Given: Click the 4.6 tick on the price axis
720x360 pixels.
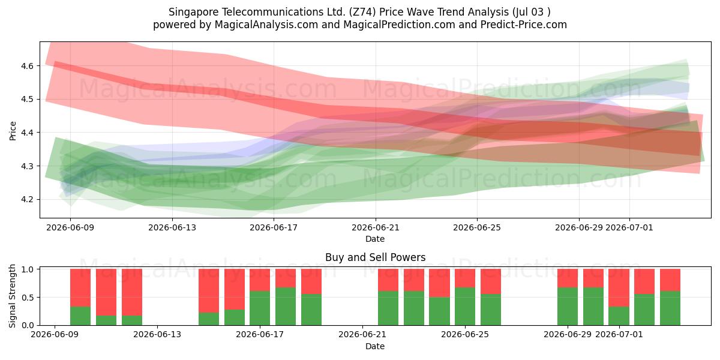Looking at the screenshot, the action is click(x=27, y=66).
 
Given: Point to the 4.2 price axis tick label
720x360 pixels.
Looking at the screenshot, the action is click(x=27, y=200).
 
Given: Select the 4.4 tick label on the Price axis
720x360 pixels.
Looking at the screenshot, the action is click(x=27, y=133).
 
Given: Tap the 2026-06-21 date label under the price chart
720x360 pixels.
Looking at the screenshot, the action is click(x=375, y=227).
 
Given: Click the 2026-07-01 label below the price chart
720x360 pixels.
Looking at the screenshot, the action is click(x=629, y=227).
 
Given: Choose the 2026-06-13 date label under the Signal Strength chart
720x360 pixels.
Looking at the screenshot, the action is click(x=157, y=334).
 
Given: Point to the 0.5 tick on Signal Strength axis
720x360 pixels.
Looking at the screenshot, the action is click(x=27, y=298).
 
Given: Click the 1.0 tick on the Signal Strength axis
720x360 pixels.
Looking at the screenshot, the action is click(x=27, y=269).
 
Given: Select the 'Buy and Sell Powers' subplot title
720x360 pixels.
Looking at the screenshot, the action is click(x=375, y=257).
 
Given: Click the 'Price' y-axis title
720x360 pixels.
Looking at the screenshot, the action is click(x=13, y=131).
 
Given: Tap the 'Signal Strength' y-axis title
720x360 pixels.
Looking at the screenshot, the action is click(x=12, y=296).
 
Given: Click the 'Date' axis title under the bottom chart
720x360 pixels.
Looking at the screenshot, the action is click(x=375, y=346).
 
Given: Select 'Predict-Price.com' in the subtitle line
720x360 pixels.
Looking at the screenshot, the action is click(x=524, y=25).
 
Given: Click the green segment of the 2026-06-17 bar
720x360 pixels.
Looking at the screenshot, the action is click(x=260, y=308).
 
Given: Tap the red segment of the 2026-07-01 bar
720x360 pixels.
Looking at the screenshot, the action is click(x=619, y=287).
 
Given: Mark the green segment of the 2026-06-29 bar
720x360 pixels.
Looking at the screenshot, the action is click(x=568, y=307).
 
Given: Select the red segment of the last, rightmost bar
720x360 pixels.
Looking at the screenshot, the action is click(x=670, y=280).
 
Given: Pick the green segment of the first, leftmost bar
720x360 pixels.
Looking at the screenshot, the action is click(x=80, y=316).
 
